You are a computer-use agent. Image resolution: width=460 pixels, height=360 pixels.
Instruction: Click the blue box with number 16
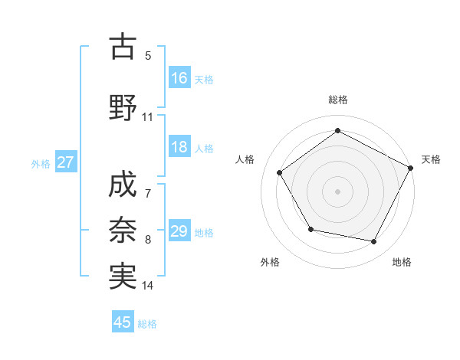coord(179,78)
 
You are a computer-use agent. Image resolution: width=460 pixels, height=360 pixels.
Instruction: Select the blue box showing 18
coord(179,147)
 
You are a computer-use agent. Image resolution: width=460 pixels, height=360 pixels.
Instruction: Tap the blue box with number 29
coord(179,231)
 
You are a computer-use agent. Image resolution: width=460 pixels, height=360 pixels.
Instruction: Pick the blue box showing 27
coord(65,162)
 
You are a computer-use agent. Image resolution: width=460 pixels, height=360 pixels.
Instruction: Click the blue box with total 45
coord(123,322)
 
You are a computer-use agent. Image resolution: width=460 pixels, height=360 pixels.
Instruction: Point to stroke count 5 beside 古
coord(148,55)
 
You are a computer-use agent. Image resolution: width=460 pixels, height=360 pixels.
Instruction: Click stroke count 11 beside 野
coord(147,117)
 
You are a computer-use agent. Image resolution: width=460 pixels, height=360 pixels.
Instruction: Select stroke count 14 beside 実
coord(148,286)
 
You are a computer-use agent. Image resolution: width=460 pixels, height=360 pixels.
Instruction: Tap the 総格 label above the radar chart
coord(337,100)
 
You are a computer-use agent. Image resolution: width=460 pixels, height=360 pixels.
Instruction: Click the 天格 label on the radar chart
coord(431,159)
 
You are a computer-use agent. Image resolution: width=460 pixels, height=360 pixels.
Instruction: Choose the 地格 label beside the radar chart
coord(402,262)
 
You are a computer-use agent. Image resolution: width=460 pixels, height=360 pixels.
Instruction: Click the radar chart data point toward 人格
coord(280,172)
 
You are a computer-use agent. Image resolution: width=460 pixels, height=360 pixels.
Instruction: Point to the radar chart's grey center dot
coord(337,191)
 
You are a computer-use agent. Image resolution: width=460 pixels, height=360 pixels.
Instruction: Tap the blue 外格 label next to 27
coord(41,163)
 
